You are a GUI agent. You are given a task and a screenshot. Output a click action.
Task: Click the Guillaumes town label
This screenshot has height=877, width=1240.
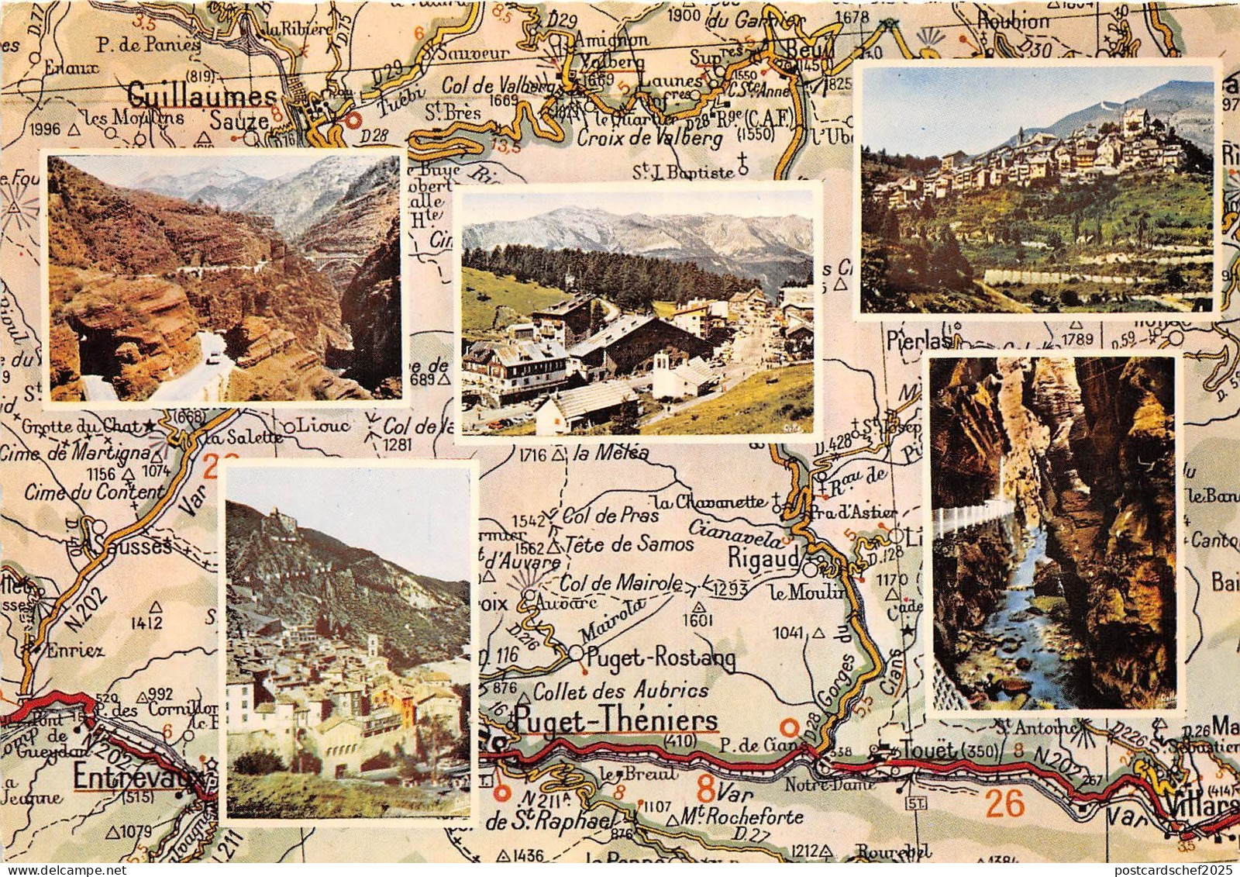coord(201,95)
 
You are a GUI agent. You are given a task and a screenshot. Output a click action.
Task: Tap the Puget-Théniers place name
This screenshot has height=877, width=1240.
coord(617,721)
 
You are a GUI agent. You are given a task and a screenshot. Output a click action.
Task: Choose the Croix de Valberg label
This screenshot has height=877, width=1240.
coord(649,140)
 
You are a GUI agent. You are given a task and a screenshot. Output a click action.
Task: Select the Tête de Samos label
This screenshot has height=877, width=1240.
coord(629,544)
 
